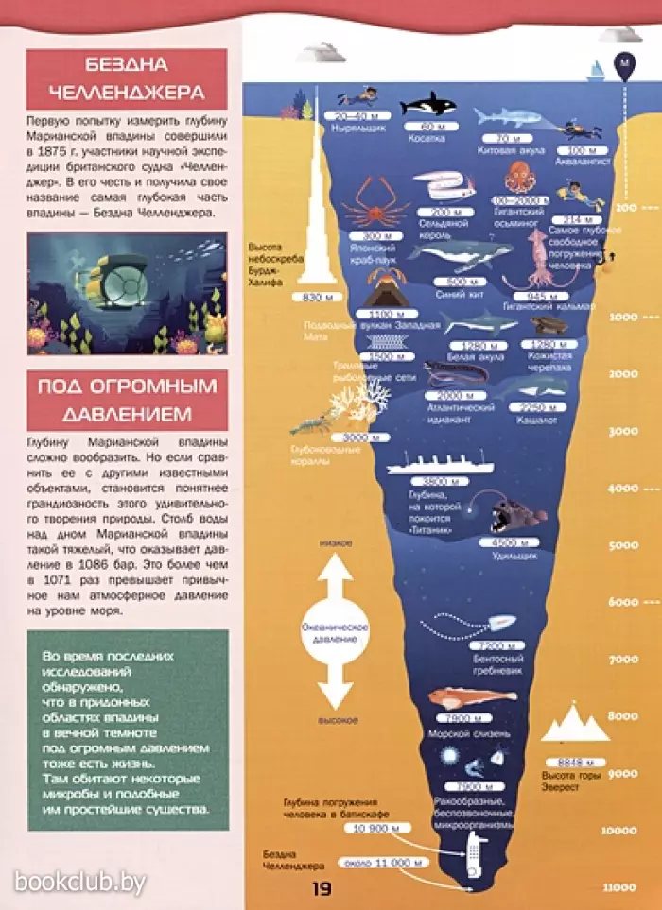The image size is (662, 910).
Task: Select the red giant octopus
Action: click(518, 179)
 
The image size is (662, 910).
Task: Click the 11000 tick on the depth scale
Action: click(619, 886)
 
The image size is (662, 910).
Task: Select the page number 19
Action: click(322, 887)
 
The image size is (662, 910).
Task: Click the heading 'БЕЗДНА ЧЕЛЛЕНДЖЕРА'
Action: click(126, 79)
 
